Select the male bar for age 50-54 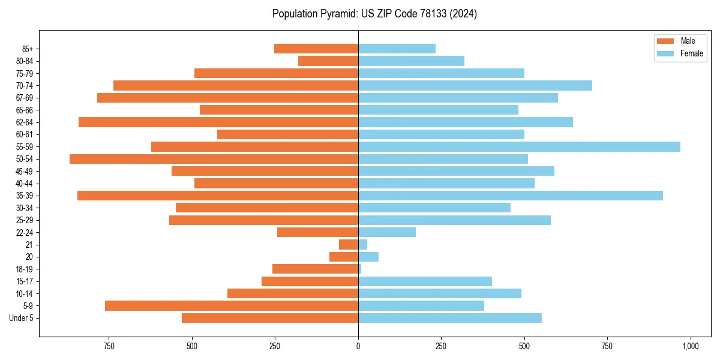click(x=214, y=159)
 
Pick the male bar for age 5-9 click(x=232, y=306)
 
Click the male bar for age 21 click(x=349, y=245)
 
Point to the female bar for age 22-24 click(x=387, y=232)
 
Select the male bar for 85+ click(x=316, y=49)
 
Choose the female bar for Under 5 click(x=450, y=318)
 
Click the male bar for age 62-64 click(x=218, y=122)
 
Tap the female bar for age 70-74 click(x=475, y=85)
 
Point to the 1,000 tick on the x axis click(x=690, y=346)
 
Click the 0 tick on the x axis click(x=358, y=346)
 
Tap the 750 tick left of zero click(x=109, y=346)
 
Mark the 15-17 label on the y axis click(x=25, y=281)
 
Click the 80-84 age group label click(x=25, y=61)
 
